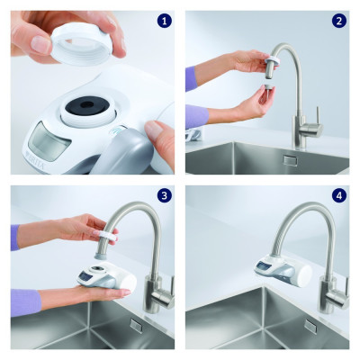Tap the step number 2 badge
click(338, 21)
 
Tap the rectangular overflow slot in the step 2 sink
click(290, 160)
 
